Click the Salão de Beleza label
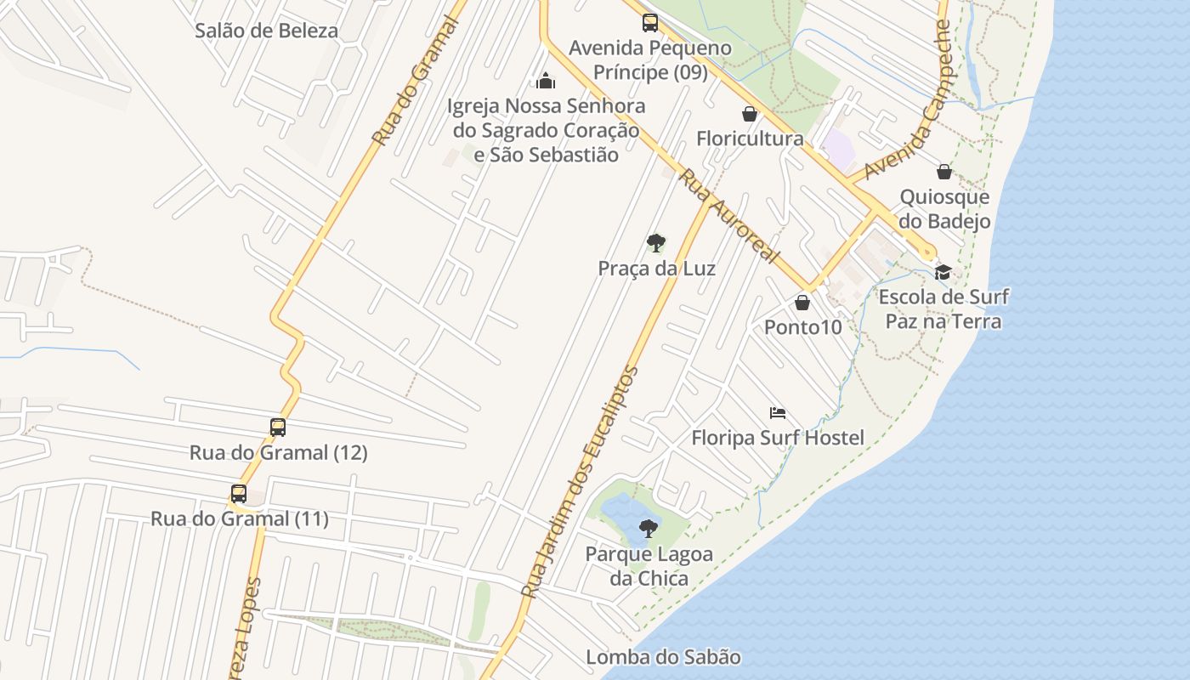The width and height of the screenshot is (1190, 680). pyautogui.click(x=266, y=31)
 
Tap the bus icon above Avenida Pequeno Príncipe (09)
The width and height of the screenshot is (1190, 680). pyautogui.click(x=650, y=23)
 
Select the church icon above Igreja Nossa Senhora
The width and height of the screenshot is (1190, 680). pyautogui.click(x=546, y=81)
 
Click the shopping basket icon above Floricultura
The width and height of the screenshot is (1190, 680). pyautogui.click(x=750, y=114)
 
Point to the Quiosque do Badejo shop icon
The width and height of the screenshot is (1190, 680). pyautogui.click(x=943, y=172)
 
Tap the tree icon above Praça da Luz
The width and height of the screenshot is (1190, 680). pyautogui.click(x=655, y=243)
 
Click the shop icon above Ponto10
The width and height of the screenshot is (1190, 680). pyautogui.click(x=802, y=302)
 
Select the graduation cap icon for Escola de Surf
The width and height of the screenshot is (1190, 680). pyautogui.click(x=943, y=272)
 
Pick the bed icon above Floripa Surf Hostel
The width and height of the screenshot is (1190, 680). pyautogui.click(x=777, y=413)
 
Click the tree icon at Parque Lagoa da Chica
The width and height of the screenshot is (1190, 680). pyautogui.click(x=649, y=529)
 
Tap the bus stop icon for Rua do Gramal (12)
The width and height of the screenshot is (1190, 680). pyautogui.click(x=278, y=427)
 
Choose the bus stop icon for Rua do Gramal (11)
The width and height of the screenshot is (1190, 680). pyautogui.click(x=239, y=493)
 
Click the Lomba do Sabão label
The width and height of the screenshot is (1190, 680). pyautogui.click(x=663, y=657)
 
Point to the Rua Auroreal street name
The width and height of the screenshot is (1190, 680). pyautogui.click(x=728, y=216)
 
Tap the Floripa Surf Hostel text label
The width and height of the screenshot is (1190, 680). pyautogui.click(x=778, y=438)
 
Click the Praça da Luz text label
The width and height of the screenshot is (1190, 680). pyautogui.click(x=656, y=269)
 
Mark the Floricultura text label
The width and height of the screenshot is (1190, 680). pyautogui.click(x=750, y=139)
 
